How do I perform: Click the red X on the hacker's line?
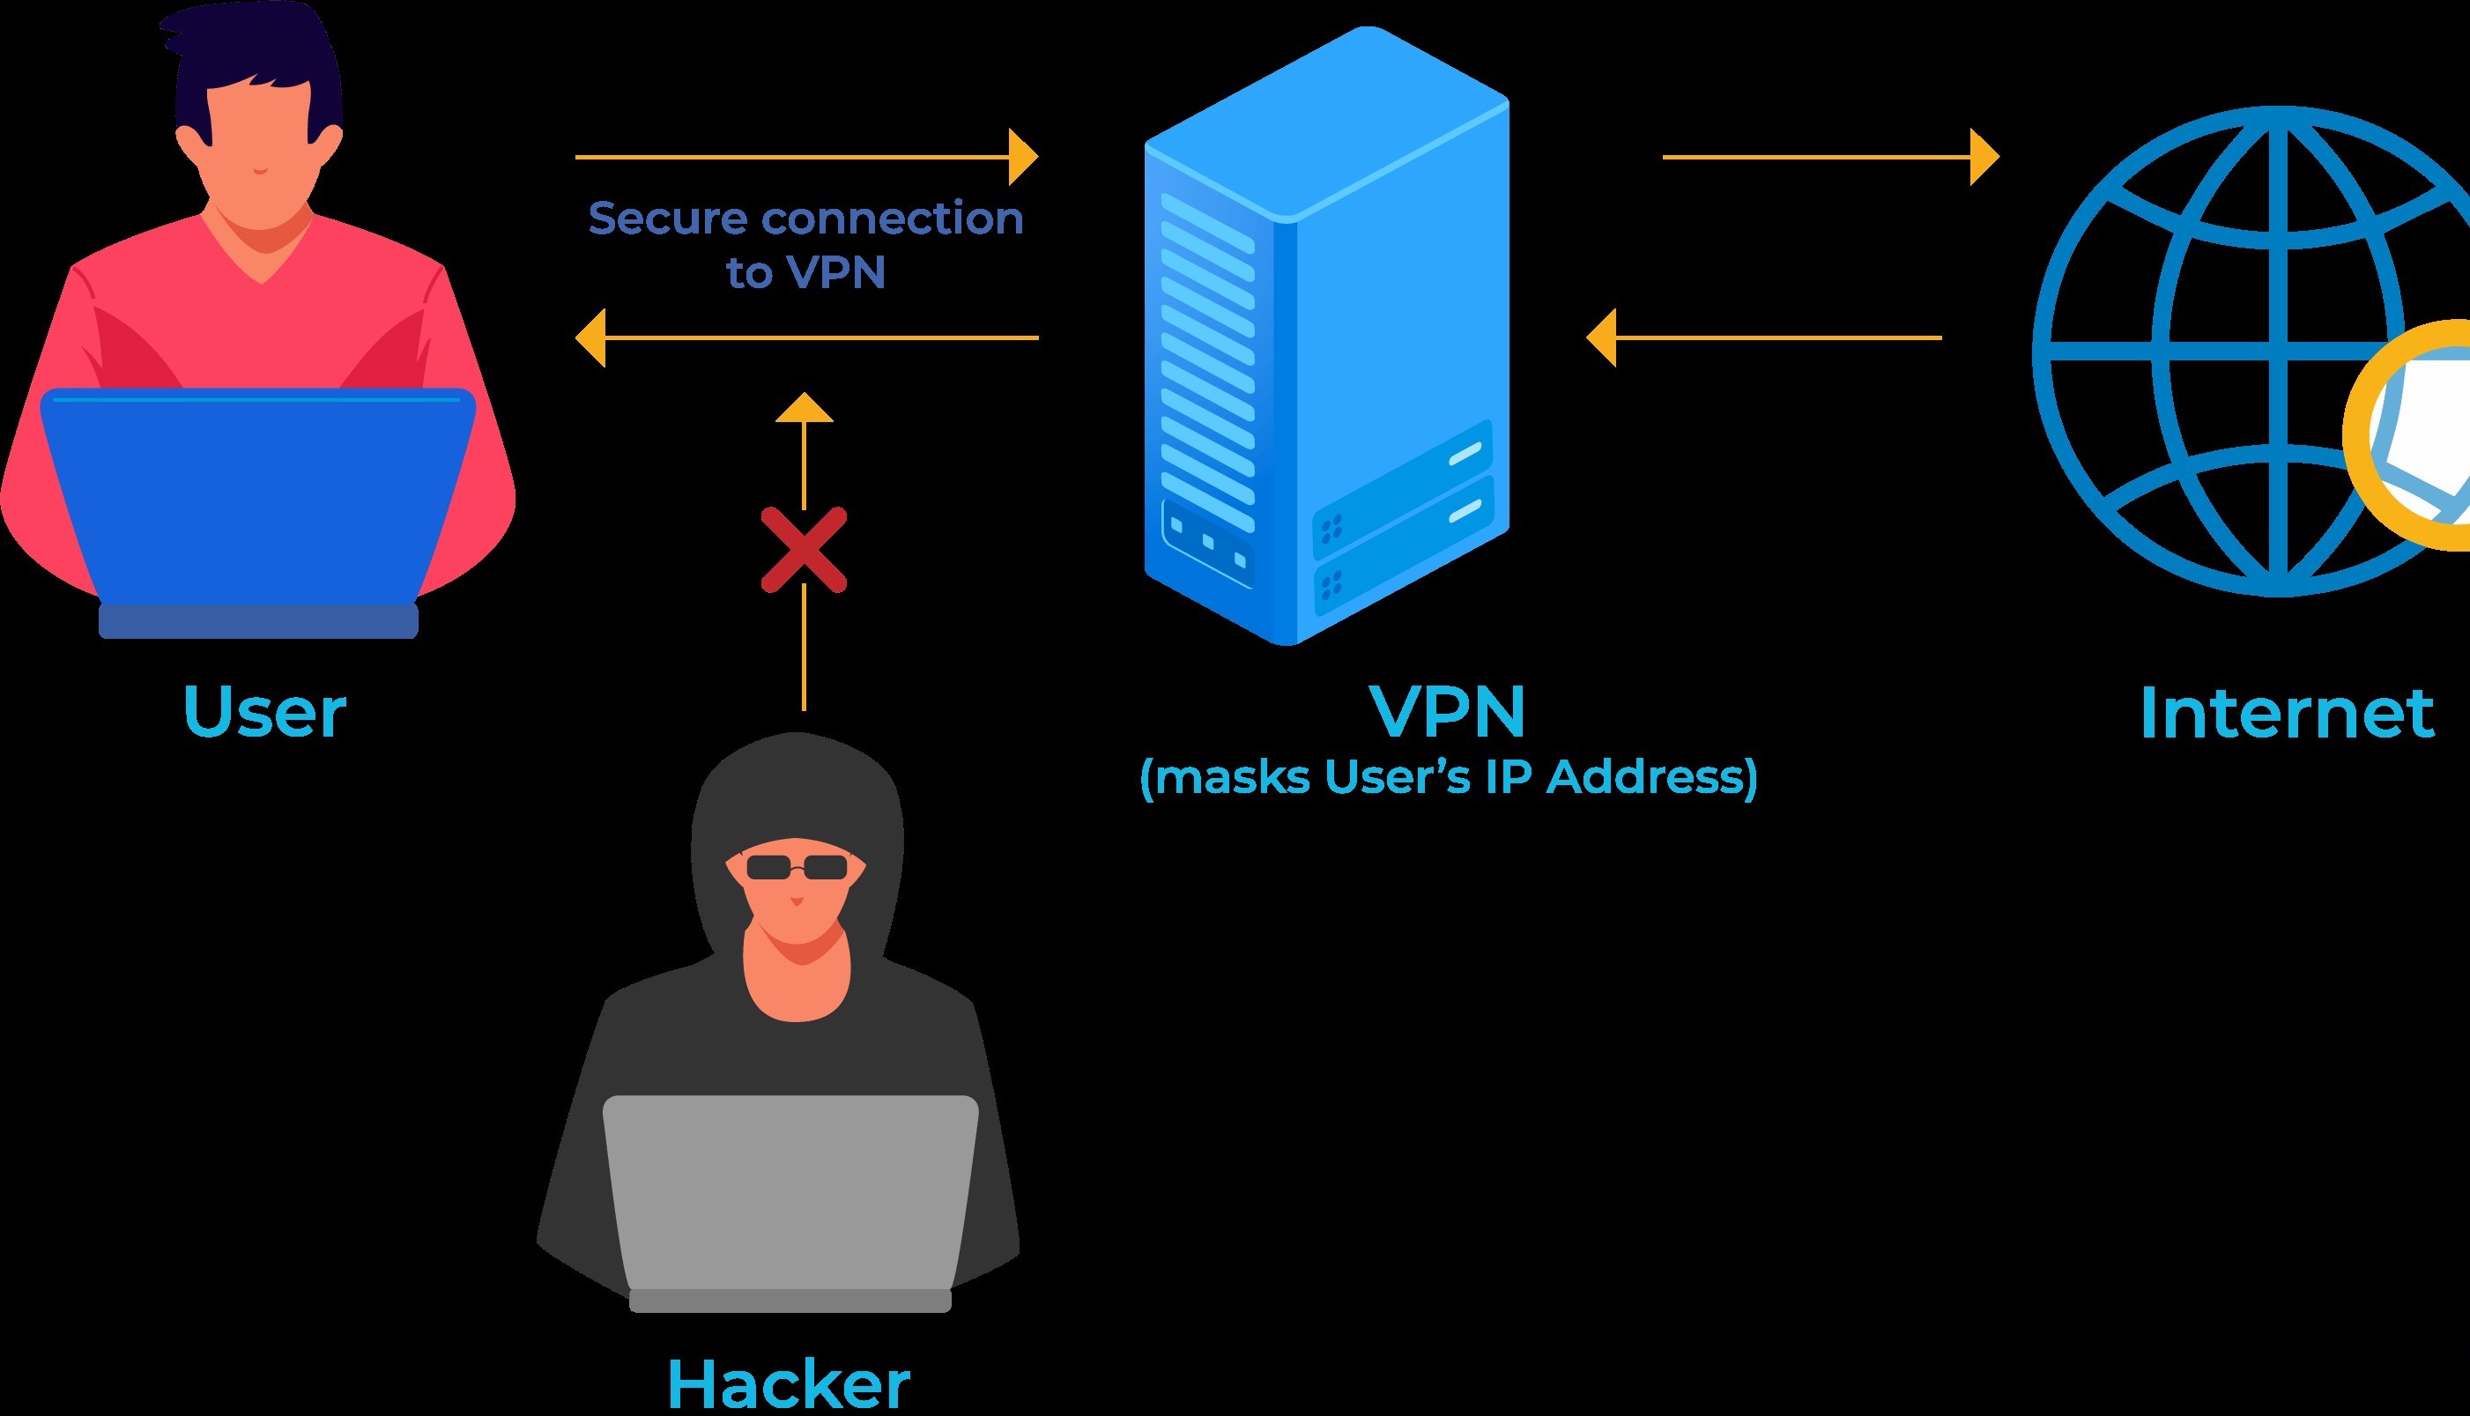pyautogui.click(x=804, y=551)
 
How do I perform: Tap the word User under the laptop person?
pyautogui.click(x=264, y=712)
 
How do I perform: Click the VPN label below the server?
pyautogui.click(x=1448, y=712)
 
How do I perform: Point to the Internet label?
pyautogui.click(x=2286, y=714)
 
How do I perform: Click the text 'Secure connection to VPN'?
pyautogui.click(x=805, y=245)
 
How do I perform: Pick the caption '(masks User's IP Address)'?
pyautogui.click(x=1448, y=778)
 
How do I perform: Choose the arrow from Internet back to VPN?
pyautogui.click(x=1764, y=338)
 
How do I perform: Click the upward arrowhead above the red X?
pyautogui.click(x=805, y=409)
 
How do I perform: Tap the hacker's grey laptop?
pyautogui.click(x=790, y=1197)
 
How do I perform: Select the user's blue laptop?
pyautogui.click(x=257, y=496)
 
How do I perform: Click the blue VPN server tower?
pyautogui.click(x=1327, y=336)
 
